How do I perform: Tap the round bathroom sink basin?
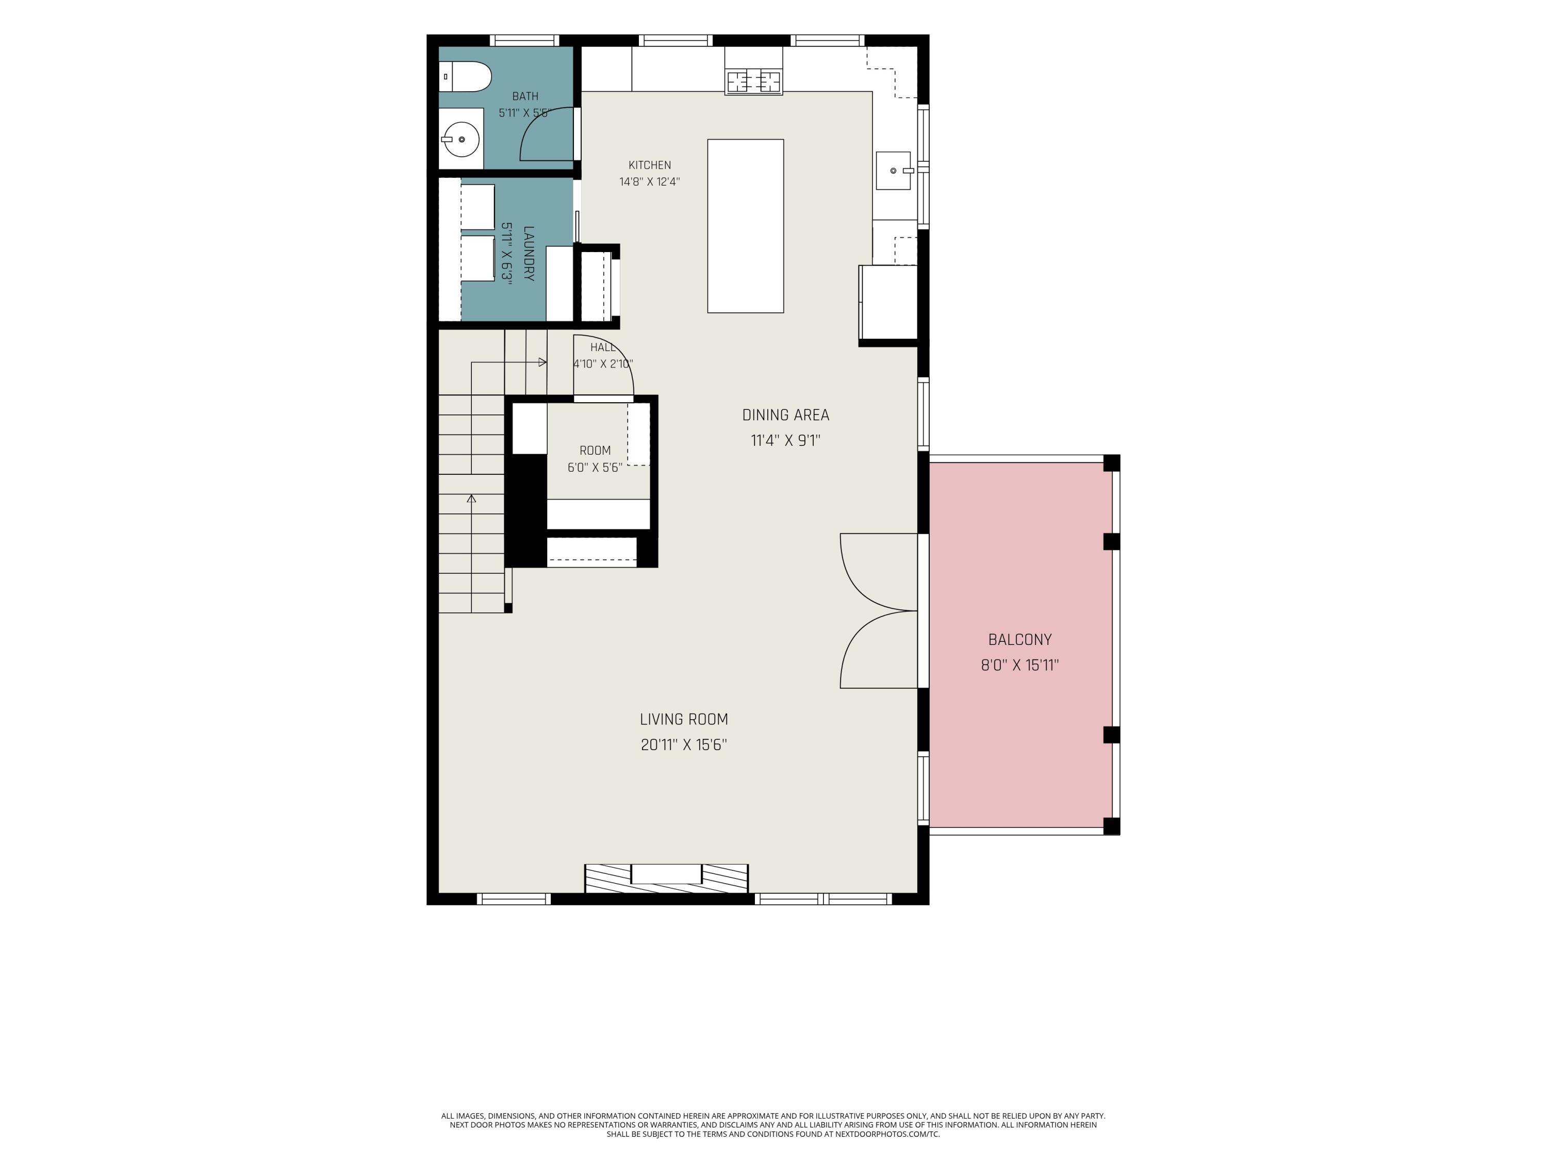point(462,140)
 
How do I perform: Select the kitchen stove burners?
point(753,82)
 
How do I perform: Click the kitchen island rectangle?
point(746,226)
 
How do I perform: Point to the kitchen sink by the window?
point(894,171)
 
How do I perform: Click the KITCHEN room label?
point(650,165)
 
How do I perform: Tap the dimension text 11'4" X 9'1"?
point(785,440)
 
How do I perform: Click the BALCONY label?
point(1019,639)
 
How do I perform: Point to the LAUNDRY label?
point(529,253)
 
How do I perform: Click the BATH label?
point(525,96)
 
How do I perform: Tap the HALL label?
point(603,347)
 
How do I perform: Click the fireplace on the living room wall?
point(666,877)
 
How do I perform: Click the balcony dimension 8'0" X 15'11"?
point(1019,665)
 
